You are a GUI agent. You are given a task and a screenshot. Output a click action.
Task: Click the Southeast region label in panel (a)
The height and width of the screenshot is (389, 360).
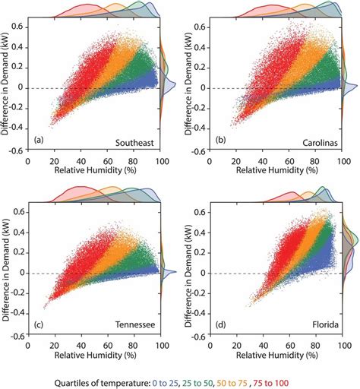[x=134, y=143]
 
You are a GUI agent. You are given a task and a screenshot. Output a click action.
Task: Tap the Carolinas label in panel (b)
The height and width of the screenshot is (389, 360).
[x=320, y=143]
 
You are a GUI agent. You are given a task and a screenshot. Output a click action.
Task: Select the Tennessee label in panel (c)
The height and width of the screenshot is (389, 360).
[x=135, y=324]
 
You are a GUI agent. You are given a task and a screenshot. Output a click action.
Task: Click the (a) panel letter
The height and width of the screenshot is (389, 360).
[x=39, y=140]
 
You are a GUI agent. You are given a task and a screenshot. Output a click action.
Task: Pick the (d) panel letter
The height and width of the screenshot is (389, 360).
[x=220, y=324]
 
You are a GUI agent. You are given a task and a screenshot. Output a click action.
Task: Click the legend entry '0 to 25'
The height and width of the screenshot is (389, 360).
[x=165, y=383]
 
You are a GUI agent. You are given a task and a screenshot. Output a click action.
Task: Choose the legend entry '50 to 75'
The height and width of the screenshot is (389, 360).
[x=232, y=383]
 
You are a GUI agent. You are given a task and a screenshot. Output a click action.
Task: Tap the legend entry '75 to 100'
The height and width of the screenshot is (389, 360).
[x=270, y=383]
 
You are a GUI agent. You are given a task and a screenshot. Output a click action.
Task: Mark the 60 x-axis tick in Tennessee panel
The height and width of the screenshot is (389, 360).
[x=108, y=346]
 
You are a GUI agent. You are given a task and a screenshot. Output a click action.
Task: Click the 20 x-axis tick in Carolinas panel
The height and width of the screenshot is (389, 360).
[x=236, y=161]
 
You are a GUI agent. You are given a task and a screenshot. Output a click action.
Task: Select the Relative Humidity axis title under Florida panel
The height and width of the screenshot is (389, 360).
[x=277, y=356]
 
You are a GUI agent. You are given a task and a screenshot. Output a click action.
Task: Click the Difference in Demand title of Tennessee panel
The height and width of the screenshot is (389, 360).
[x=7, y=269]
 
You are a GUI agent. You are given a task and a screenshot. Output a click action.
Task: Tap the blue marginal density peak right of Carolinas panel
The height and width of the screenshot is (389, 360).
[x=356, y=86]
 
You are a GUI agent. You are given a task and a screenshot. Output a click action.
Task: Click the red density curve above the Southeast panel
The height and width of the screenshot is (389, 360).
[x=86, y=5]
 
